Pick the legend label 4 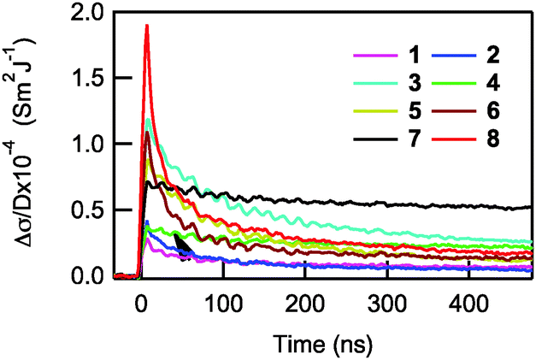coord(494,86)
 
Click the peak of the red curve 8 coord(147,26)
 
